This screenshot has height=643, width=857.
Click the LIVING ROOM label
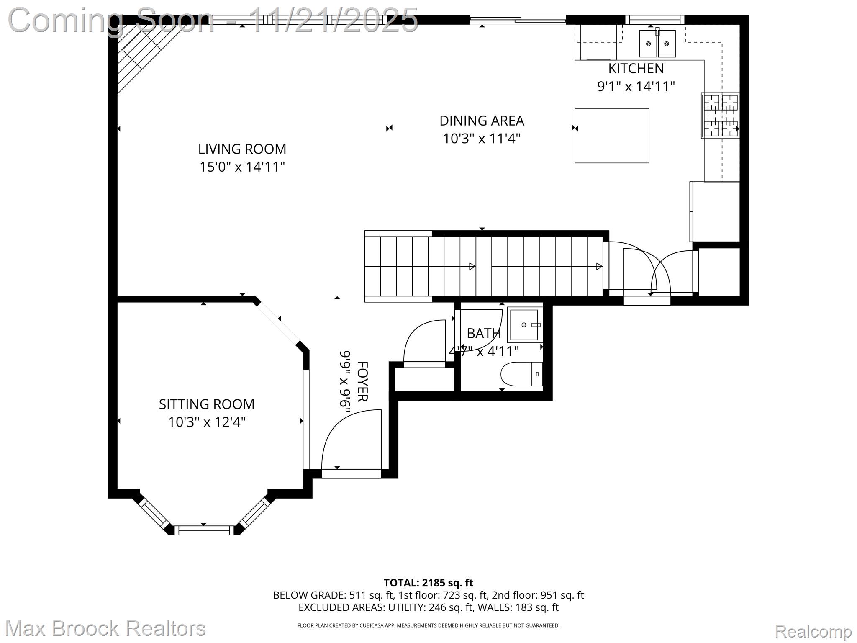click(x=242, y=149)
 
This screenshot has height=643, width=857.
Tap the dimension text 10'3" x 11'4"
click(x=481, y=138)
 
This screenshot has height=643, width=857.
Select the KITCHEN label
click(x=636, y=68)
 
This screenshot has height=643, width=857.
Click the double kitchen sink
click(x=657, y=44)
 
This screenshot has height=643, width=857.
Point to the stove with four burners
click(x=720, y=116)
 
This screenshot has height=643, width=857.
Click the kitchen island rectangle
click(x=611, y=135)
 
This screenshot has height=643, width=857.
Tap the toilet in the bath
click(x=521, y=374)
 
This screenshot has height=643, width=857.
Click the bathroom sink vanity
click(x=524, y=325)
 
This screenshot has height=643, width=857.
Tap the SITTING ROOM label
click(x=206, y=404)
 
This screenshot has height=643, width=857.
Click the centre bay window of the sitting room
click(x=204, y=530)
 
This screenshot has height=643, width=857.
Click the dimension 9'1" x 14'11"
click(x=636, y=86)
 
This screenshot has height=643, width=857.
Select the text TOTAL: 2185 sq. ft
click(x=428, y=582)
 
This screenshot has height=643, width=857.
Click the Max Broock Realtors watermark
click(x=105, y=628)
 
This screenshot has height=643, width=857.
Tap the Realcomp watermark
click(x=813, y=631)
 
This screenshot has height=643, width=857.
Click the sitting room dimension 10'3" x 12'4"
click(x=206, y=422)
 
